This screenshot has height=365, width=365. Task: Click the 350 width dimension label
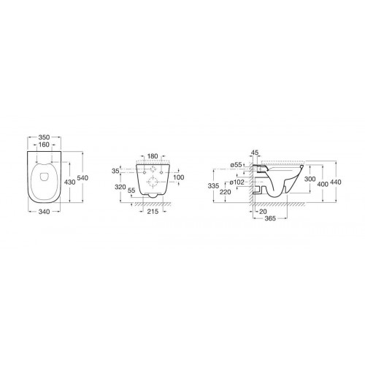click(x=44, y=137)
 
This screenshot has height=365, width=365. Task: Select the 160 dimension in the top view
click(x=44, y=145)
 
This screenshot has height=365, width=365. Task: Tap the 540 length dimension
click(x=82, y=178)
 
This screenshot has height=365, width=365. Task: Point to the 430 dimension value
click(x=70, y=182)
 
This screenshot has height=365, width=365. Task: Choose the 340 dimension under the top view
click(x=44, y=212)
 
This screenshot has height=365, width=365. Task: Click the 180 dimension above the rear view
click(x=153, y=156)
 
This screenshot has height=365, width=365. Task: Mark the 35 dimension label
click(x=115, y=171)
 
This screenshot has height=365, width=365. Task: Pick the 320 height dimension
click(x=120, y=187)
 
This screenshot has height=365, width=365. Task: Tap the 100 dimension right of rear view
click(x=179, y=177)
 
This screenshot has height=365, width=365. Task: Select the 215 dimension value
click(x=153, y=212)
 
